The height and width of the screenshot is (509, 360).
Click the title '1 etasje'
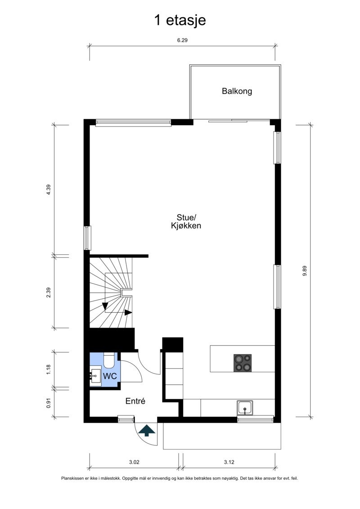click(x=180, y=20)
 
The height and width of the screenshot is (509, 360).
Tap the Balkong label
click(x=237, y=91)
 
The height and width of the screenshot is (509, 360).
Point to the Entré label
click(x=135, y=401)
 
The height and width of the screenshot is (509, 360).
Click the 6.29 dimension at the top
click(x=182, y=40)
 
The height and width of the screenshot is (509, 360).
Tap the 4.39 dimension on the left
click(x=49, y=189)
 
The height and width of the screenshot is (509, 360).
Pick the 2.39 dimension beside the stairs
click(x=49, y=293)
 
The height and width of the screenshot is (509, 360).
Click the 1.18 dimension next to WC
click(x=49, y=369)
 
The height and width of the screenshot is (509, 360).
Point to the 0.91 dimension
click(x=49, y=403)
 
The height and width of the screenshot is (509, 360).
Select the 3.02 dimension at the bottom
click(x=134, y=461)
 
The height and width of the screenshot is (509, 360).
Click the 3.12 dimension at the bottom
click(x=229, y=461)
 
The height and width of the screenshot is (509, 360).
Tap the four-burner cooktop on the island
click(x=243, y=363)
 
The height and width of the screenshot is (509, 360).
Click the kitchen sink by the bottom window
click(x=245, y=408)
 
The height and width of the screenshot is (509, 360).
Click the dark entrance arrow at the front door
click(x=147, y=431)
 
